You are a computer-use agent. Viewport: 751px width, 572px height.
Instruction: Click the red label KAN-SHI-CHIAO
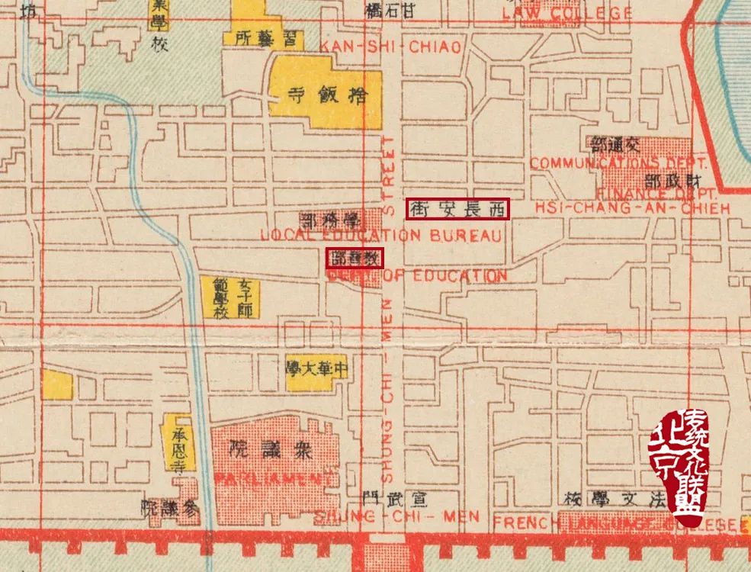(390, 47)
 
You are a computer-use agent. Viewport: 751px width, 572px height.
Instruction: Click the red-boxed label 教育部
(355, 258)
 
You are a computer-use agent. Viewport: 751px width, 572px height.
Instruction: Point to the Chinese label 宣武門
(395, 498)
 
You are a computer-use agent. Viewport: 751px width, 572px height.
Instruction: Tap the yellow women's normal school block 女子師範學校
(230, 297)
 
